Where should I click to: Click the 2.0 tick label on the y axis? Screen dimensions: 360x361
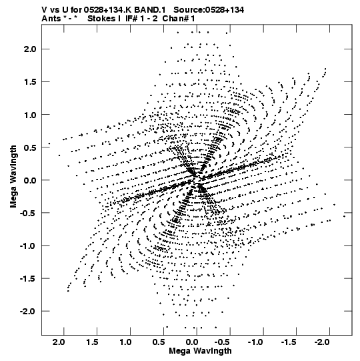click(x=30, y=49)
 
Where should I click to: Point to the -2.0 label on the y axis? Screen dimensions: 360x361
click(x=28, y=311)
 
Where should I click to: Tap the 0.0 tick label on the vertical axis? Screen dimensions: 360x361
click(x=30, y=180)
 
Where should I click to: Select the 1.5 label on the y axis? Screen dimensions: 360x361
click(x=30, y=82)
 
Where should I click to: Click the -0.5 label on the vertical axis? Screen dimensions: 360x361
click(x=28, y=213)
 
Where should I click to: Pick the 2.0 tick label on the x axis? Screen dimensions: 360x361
click(x=59, y=342)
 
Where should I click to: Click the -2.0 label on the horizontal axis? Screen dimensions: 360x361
click(x=322, y=342)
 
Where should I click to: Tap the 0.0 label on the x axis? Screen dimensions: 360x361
click(x=191, y=342)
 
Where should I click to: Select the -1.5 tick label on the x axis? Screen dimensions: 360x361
click(x=289, y=342)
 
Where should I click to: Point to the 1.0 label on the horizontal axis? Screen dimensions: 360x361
click(x=125, y=342)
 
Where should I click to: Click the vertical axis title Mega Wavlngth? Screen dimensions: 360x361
click(x=13, y=177)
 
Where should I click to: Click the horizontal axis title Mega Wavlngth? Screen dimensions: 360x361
click(x=200, y=351)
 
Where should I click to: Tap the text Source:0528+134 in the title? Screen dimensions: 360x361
click(x=209, y=10)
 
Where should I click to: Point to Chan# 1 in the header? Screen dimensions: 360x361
click(x=179, y=19)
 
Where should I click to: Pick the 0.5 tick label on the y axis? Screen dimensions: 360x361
click(x=30, y=147)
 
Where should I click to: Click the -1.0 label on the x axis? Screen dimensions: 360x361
click(x=255, y=342)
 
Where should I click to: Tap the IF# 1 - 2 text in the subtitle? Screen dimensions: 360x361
click(x=141, y=19)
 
